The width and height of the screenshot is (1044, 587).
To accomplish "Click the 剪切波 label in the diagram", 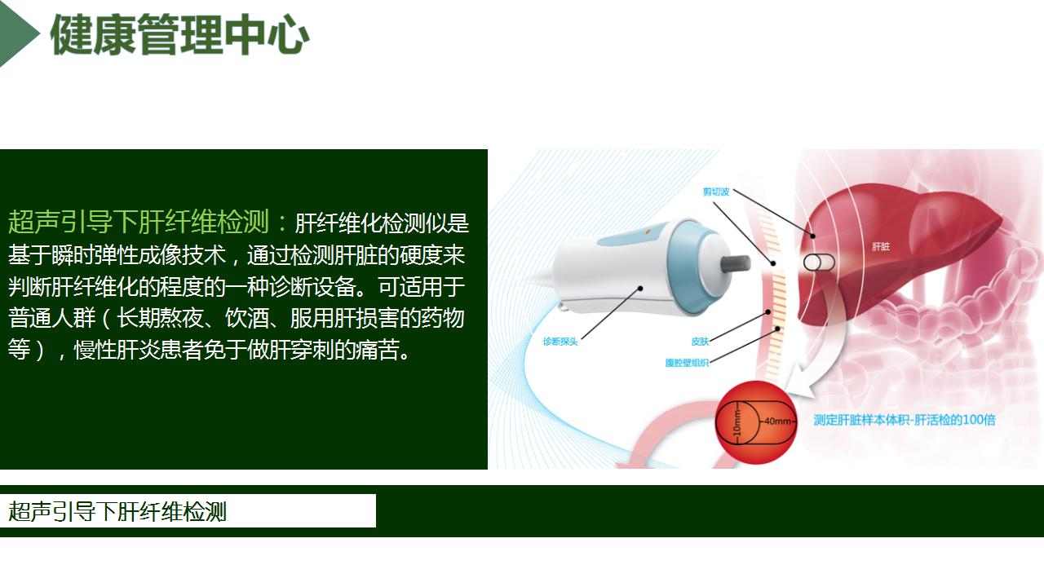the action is point(715,192).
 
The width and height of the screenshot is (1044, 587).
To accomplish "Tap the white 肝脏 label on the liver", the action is point(881,246).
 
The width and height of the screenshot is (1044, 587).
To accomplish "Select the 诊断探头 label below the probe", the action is point(560,342).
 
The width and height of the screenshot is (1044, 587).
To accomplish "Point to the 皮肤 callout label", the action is point(700,342).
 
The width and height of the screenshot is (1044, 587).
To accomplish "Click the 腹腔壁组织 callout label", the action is point(687,363).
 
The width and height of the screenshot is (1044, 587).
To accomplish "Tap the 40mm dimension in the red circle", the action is point(777,421).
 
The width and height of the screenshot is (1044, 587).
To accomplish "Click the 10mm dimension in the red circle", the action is point(737,422).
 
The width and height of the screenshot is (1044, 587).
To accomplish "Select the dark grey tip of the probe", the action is point(736,263).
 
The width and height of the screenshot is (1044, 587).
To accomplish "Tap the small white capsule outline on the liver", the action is point(819,263).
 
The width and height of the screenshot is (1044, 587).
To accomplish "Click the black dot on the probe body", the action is point(640,289).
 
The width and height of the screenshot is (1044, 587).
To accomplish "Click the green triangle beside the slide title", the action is point(19,33).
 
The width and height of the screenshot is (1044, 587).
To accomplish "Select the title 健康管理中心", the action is point(180,34).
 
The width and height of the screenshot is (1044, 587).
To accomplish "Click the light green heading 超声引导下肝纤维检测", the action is point(139,221).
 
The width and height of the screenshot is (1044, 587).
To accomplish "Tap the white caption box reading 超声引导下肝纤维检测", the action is point(188,511).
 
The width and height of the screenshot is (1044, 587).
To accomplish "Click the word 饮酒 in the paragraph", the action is point(247,318).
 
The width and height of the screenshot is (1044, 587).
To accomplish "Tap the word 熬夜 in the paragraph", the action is point(182,318).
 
